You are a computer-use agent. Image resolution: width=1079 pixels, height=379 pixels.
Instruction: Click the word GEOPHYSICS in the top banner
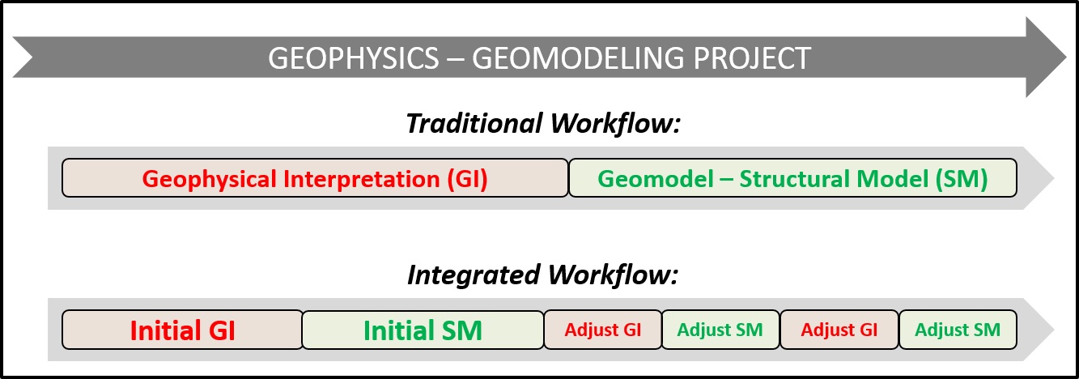point(354,58)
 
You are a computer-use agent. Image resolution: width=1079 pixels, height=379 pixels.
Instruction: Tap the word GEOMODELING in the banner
point(578,58)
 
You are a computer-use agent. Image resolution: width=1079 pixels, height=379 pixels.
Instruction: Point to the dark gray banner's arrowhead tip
point(1066,57)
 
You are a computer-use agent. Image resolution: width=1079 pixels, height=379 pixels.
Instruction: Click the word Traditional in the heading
point(474,123)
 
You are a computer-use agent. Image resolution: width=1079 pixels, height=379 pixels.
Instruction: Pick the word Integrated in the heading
point(474,275)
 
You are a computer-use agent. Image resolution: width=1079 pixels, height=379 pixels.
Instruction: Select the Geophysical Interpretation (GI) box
point(315,178)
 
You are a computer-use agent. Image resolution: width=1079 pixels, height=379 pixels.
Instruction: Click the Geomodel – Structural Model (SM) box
point(793,178)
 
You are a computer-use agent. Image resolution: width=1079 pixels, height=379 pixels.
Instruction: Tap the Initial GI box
point(183,330)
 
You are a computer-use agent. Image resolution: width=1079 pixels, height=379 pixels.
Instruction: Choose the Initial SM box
point(423,330)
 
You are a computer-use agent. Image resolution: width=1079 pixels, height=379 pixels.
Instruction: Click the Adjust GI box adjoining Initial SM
point(603,330)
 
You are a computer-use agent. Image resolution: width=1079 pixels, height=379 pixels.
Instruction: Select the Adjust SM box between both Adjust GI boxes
point(720,330)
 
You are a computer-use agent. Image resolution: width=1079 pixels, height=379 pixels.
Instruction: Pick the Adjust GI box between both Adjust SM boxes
point(839,330)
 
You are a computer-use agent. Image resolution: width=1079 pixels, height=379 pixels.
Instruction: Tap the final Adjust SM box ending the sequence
point(958,330)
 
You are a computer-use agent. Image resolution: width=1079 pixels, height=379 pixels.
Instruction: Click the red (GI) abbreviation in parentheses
point(467,179)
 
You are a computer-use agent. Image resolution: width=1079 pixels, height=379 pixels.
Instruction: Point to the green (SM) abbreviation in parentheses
point(962,179)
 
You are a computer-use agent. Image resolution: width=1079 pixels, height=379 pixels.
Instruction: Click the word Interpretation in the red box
point(361,180)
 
